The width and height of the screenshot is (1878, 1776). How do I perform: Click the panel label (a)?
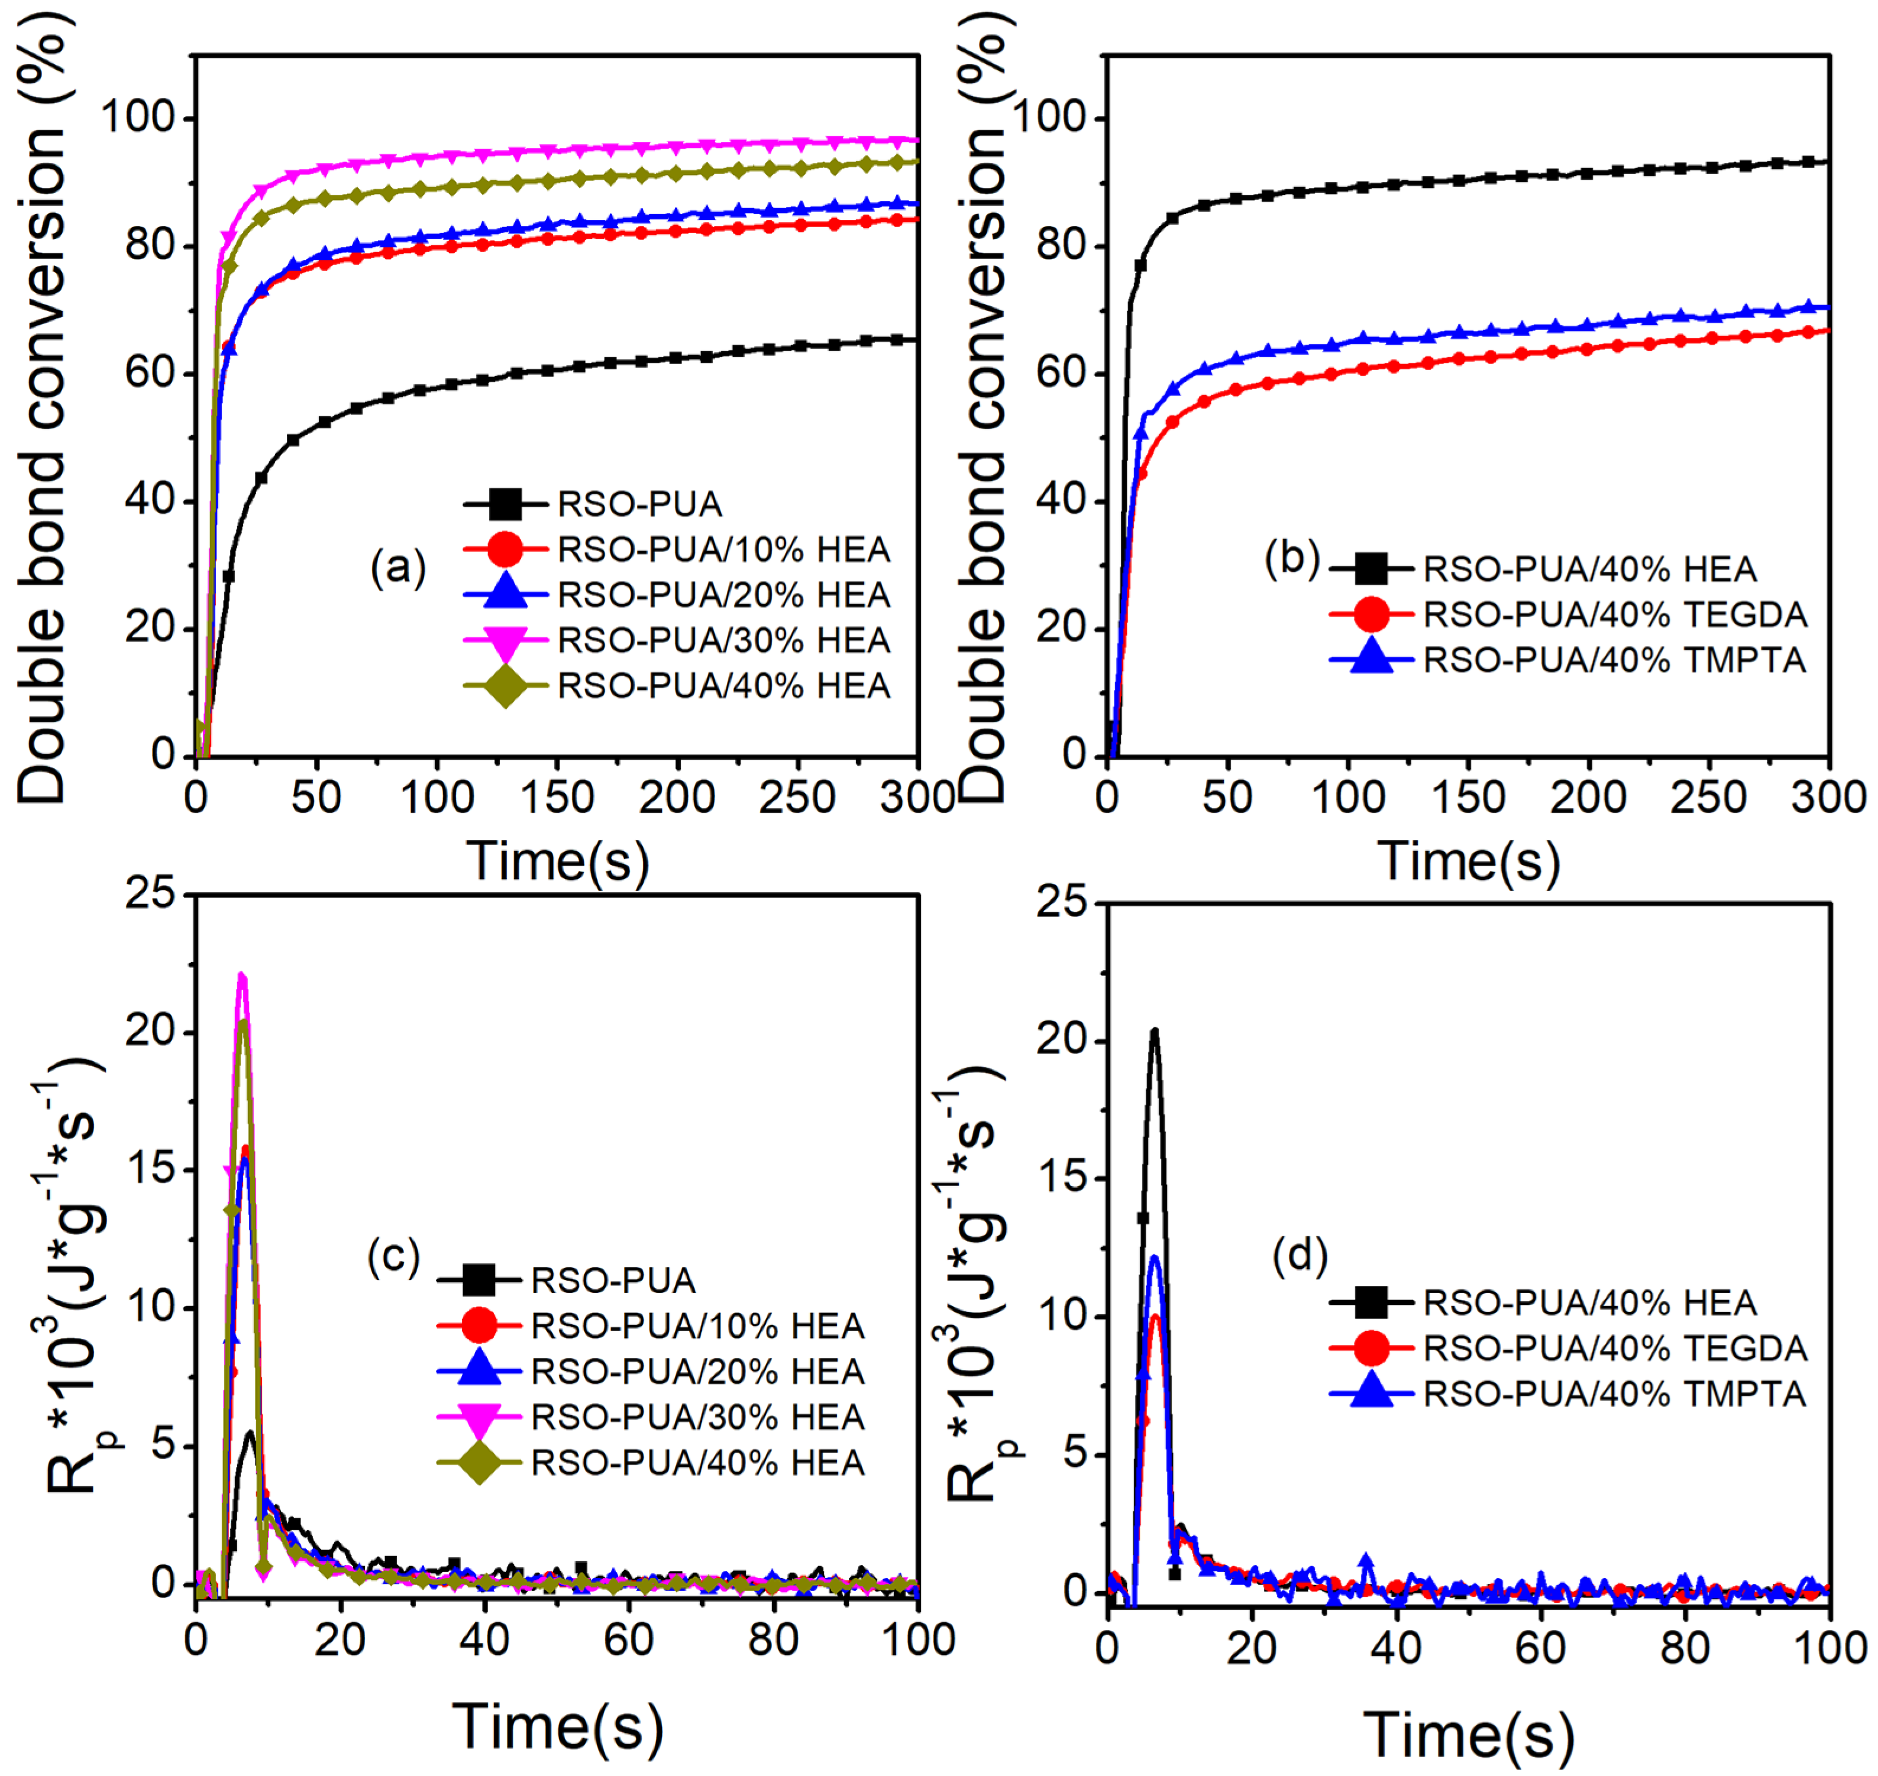coord(397,568)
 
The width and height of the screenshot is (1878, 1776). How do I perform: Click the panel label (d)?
coord(1300,1256)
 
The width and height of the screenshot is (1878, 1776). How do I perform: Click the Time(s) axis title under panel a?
coord(558,861)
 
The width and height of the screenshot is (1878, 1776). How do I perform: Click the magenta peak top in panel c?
coord(241,975)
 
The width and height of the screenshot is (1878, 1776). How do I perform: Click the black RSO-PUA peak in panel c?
coord(250,1433)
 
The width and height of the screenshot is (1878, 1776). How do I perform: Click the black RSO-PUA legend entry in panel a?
coord(639,504)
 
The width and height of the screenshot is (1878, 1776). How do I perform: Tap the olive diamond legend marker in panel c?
coord(479,1463)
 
